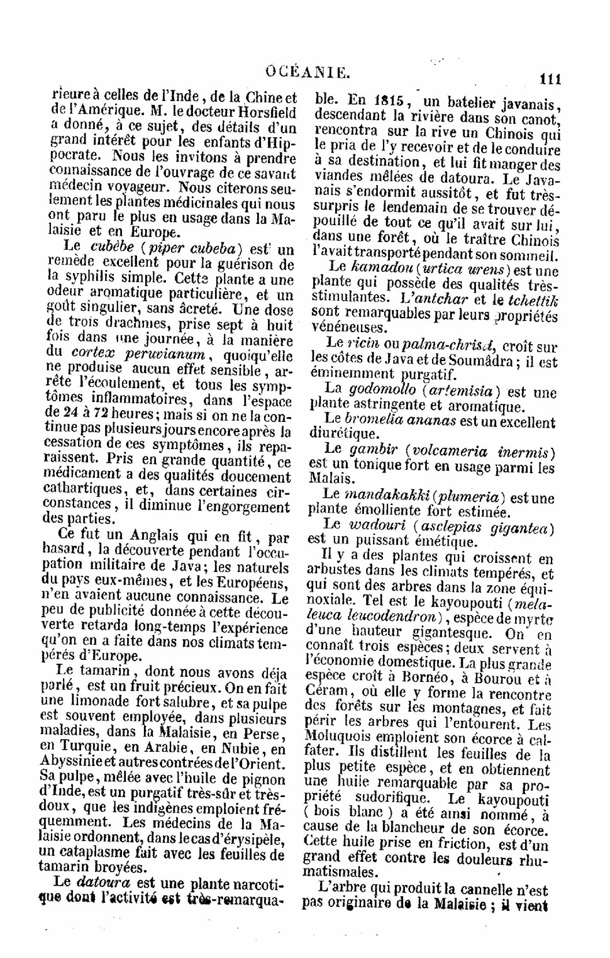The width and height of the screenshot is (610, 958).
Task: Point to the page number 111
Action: coord(549,79)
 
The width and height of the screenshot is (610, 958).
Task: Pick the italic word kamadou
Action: coord(377,269)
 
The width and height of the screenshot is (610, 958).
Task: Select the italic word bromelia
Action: coord(374,420)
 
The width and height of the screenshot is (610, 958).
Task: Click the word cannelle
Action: coord(491,889)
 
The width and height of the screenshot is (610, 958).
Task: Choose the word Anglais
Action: coord(150,537)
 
